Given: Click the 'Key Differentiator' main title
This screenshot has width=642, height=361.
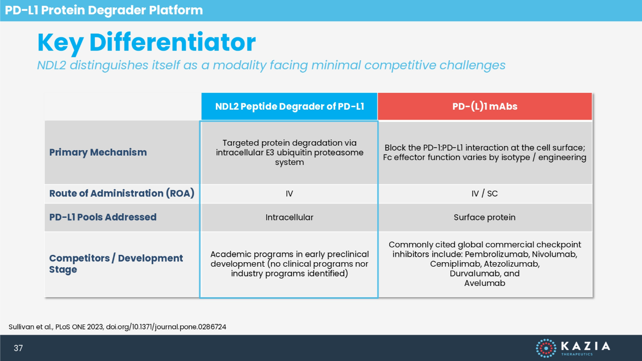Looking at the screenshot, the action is click(x=147, y=42).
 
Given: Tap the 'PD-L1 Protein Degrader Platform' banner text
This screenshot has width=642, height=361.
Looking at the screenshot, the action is click(x=104, y=10).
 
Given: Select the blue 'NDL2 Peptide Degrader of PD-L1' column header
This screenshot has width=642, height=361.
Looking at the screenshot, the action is click(x=289, y=106).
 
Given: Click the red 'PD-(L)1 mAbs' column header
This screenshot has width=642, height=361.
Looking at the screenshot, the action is click(x=484, y=106).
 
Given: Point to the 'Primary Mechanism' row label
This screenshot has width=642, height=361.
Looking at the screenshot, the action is click(x=98, y=152).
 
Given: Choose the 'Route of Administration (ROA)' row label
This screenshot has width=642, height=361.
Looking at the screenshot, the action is click(x=122, y=194).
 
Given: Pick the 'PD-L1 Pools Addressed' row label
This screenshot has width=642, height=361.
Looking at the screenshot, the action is click(x=103, y=217).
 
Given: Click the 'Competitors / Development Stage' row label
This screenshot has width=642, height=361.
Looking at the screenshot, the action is click(x=116, y=264).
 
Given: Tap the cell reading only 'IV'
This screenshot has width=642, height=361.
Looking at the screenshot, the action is click(x=289, y=194).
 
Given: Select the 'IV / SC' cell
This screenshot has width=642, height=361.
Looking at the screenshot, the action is click(x=484, y=194).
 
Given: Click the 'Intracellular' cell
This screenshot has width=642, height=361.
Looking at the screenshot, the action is click(x=289, y=217).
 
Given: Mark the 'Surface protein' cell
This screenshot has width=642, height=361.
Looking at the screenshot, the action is click(x=484, y=217).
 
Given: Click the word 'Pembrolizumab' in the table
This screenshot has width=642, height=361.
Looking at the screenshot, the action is click(x=497, y=254).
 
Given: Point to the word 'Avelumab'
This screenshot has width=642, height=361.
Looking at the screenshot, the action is click(x=484, y=283).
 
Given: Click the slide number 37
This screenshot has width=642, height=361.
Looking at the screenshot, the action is click(x=18, y=348).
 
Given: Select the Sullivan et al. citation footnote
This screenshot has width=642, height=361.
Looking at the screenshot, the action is click(x=117, y=327).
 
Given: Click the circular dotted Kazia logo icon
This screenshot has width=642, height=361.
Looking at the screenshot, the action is click(x=546, y=348).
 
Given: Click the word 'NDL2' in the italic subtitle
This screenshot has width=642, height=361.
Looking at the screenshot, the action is click(x=51, y=65).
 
